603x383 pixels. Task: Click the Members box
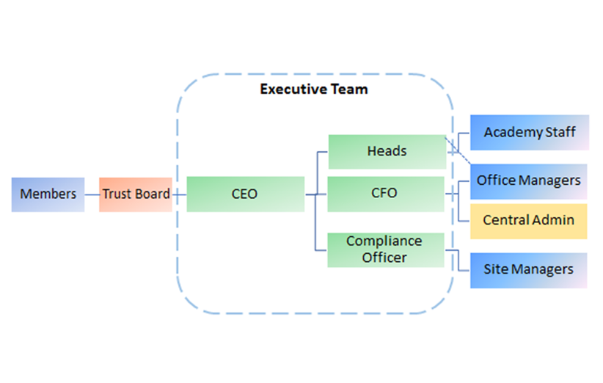pos(48,194)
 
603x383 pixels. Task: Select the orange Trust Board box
pos(136,194)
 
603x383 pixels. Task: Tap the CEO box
pos(245,194)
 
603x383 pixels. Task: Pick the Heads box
pos(387,152)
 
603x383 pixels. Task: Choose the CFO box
pos(385,194)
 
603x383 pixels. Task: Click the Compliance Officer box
pos(385,249)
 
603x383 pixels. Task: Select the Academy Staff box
pos(529,133)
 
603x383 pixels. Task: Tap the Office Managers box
pos(528,180)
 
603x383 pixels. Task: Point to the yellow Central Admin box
pos(528,220)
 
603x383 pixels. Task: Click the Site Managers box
pos(528,269)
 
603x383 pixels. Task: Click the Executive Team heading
pos(314,90)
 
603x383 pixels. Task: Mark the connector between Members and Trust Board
pos(92,194)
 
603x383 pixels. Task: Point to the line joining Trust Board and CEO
pos(180,194)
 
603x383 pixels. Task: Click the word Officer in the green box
pos(385,258)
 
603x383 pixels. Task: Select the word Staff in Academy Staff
pos(560,133)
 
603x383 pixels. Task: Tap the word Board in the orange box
pos(152,194)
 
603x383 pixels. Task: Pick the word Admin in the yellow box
pos(555,220)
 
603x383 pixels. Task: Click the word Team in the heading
pos(349,90)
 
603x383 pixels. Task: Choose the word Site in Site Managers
pos(495,269)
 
